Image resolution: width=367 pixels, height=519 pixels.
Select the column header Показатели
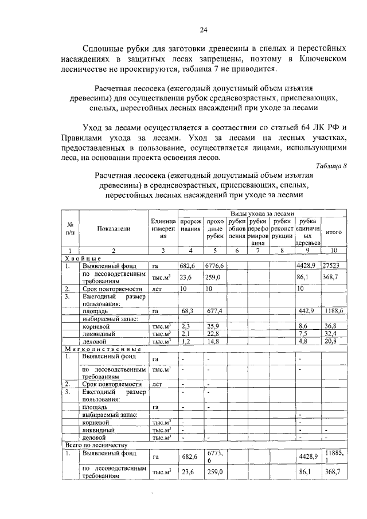click(x=113, y=229)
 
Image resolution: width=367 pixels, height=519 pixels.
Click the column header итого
click(x=334, y=232)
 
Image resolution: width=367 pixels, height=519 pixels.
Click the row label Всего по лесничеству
click(x=96, y=444)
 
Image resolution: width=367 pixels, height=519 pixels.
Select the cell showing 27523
click(x=334, y=266)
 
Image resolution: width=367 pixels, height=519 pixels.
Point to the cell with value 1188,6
click(x=334, y=310)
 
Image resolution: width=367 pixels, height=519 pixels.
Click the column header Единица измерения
click(x=163, y=229)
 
